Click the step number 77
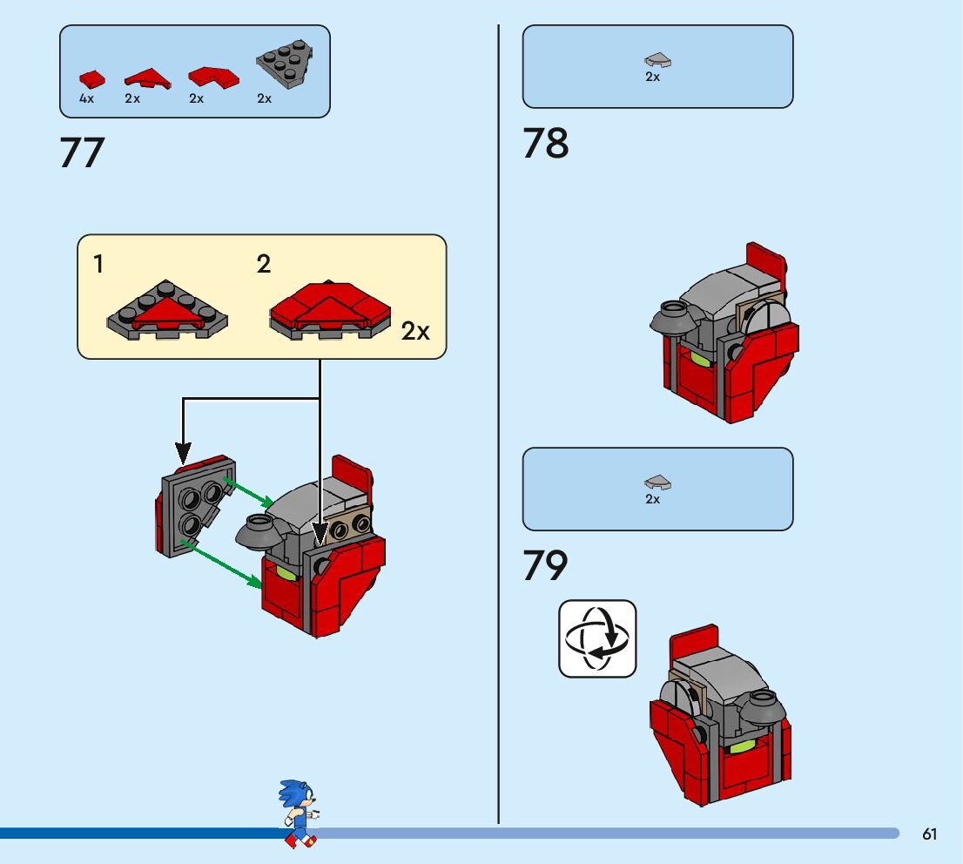tap(82, 153)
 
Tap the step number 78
tap(546, 144)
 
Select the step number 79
tap(545, 566)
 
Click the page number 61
tap(929, 834)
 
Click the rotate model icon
tap(597, 638)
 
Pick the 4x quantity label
tap(86, 99)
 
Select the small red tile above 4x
tap(92, 79)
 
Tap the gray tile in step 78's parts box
tap(657, 61)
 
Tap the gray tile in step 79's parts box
tap(657, 483)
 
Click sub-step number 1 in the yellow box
tap(99, 265)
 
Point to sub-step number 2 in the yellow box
tap(264, 265)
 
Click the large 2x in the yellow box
tap(415, 332)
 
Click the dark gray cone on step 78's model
tap(671, 317)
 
